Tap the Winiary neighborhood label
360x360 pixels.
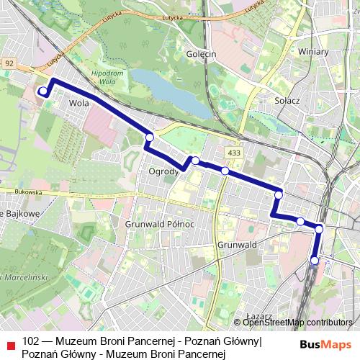click(x=313, y=52)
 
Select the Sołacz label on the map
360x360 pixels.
click(x=287, y=102)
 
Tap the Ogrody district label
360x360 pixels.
click(x=163, y=172)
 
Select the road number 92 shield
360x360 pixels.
click(x=9, y=63)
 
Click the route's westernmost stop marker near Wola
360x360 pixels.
click(x=42, y=91)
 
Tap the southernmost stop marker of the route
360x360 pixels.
click(x=315, y=260)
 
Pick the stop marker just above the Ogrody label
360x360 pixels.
click(x=195, y=160)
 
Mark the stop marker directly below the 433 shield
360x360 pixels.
click(x=225, y=171)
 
